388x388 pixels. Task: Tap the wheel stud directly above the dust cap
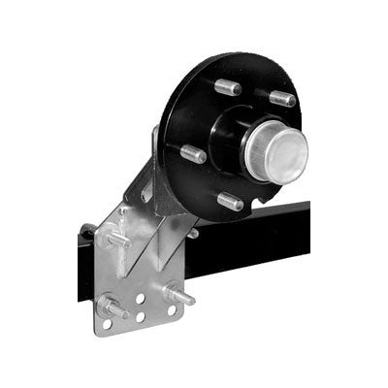(281, 97)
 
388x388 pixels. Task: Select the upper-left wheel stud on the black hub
(228, 87)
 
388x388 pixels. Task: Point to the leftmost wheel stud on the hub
(193, 152)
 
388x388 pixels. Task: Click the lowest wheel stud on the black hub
(231, 202)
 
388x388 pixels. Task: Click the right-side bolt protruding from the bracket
(178, 292)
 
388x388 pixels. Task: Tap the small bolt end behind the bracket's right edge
(193, 233)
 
